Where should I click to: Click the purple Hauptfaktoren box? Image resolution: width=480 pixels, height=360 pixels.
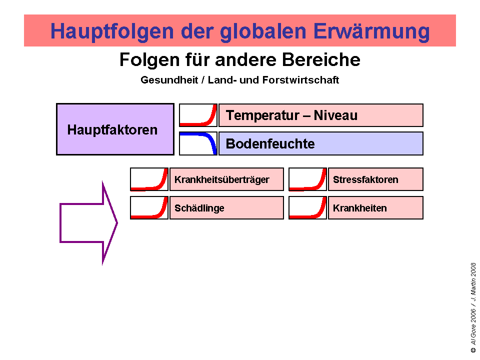point(115,129)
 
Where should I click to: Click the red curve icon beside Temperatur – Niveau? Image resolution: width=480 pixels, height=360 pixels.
point(198,115)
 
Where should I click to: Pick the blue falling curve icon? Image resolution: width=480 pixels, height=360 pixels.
point(198,143)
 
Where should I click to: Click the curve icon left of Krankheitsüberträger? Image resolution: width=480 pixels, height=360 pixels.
point(149,179)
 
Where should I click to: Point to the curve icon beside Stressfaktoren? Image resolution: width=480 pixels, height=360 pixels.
point(307,179)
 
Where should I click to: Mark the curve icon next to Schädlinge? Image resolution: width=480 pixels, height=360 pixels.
point(149,208)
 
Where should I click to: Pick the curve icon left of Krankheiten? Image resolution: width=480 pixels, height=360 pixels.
point(307,208)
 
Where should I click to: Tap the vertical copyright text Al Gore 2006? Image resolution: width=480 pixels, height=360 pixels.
point(473,325)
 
